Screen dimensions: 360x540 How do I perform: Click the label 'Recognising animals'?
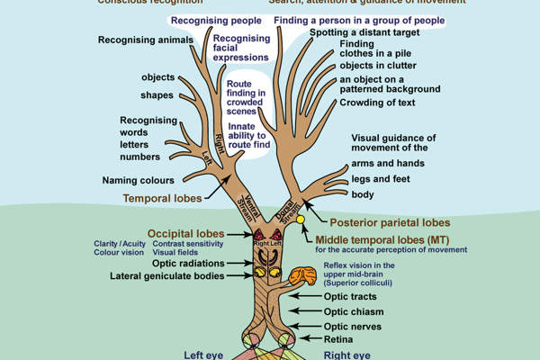click(145, 40)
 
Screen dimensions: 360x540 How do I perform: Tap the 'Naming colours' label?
click(138, 180)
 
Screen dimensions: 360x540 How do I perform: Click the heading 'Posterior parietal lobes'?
click(389, 222)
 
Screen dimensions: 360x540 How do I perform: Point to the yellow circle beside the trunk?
click(301, 219)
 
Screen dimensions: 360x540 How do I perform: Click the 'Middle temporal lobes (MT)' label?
click(379, 239)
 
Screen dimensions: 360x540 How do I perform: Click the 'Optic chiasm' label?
click(354, 310)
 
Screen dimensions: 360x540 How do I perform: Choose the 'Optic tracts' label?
click(350, 296)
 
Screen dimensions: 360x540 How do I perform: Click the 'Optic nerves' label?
click(353, 326)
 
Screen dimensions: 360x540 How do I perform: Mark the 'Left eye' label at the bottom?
click(203, 355)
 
